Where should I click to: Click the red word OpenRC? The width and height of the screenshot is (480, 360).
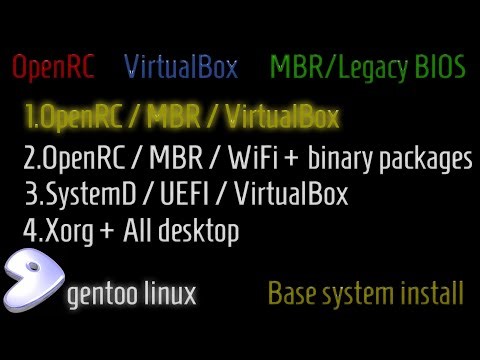click(52, 68)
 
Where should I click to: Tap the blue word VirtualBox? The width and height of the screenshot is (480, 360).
click(181, 68)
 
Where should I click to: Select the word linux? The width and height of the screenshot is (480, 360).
click(165, 294)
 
